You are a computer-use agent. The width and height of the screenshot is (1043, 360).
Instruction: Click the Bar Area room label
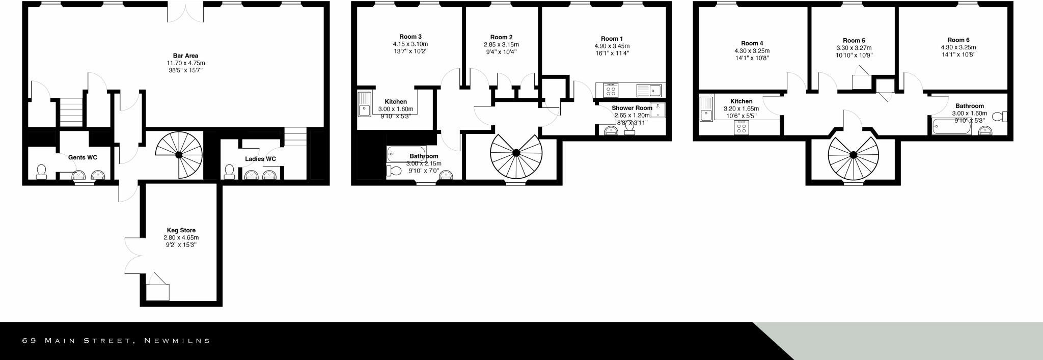[x=185, y=56]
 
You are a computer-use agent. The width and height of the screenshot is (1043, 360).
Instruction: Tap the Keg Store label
[x=181, y=231]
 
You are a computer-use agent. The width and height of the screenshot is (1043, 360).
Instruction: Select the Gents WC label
[x=83, y=158]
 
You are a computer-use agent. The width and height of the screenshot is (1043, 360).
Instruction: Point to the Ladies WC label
[x=260, y=159]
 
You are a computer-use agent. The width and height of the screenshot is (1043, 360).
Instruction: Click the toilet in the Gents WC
[x=41, y=171]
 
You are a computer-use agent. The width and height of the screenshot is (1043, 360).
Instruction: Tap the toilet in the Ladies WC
[x=229, y=171]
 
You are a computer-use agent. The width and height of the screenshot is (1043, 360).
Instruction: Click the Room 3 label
[x=410, y=37]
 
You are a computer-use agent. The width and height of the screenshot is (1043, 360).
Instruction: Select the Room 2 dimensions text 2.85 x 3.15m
[x=501, y=45]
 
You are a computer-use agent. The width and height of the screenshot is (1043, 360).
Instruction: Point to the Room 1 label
[x=612, y=39]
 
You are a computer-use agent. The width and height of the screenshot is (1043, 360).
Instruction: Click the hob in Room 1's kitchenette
[x=611, y=91]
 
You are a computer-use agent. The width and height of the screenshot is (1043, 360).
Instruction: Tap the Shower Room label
[x=632, y=108]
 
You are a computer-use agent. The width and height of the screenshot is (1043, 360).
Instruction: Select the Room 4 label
[x=752, y=43]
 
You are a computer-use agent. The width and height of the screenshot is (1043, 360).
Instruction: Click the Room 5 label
[x=854, y=41]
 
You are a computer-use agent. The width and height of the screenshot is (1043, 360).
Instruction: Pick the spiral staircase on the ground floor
[x=179, y=154]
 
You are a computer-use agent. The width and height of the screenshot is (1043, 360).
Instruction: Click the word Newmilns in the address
[x=177, y=341]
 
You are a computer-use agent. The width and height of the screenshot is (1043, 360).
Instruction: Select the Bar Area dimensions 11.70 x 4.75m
[x=185, y=63]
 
